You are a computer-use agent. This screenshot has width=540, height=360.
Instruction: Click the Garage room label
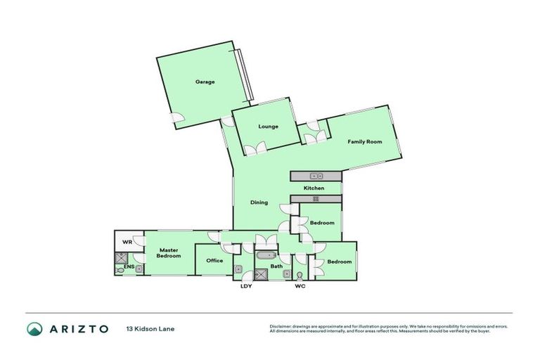[205, 82]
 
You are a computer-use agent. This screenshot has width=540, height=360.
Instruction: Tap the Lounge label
[268, 127]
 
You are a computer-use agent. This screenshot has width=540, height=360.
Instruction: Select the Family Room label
[364, 142]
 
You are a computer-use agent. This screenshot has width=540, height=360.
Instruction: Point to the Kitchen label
[314, 188]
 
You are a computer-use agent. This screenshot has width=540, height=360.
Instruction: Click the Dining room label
[259, 202]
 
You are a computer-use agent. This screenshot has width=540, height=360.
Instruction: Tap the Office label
[214, 261]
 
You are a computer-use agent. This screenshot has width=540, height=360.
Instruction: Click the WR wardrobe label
[127, 243]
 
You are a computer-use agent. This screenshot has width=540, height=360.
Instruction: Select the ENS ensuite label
[129, 267]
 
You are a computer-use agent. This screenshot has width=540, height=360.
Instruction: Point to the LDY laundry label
[246, 286]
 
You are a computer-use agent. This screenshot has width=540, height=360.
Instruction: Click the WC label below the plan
[300, 286]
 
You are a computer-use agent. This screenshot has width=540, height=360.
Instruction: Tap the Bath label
[277, 266]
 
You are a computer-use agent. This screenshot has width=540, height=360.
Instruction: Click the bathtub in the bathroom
[267, 256]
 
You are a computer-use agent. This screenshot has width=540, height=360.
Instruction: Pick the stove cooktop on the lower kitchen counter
[316, 199]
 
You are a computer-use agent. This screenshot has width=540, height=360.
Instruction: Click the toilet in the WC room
[300, 275]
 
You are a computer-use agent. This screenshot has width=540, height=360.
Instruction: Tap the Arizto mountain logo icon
[34, 328]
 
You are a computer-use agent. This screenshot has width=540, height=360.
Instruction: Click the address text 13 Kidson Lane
[150, 328]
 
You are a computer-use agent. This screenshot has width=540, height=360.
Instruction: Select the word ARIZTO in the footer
[78, 328]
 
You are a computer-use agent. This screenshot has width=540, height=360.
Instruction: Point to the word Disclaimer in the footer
[281, 326]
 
